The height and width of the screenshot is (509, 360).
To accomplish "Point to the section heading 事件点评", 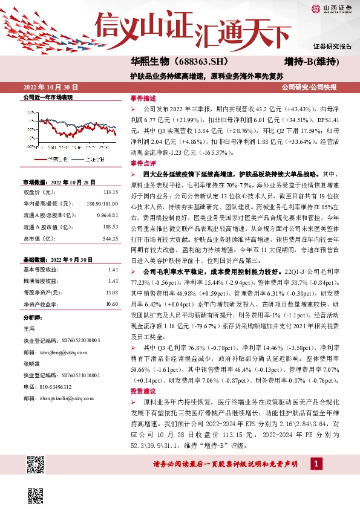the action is coord(143,163).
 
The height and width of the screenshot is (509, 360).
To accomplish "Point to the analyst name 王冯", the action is coord(28,329).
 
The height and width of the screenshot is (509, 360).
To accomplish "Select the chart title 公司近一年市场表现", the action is coord(48,97).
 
